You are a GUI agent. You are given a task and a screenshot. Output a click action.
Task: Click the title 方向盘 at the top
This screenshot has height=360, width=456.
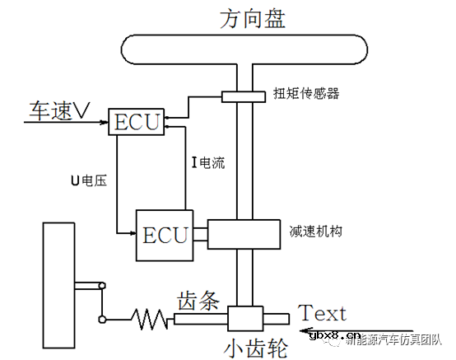tap(253, 17)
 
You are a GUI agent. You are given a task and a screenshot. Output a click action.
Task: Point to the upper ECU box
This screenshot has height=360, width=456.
tap(137, 122)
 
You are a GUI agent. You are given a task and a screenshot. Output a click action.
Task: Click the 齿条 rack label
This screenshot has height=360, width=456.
tap(198, 302)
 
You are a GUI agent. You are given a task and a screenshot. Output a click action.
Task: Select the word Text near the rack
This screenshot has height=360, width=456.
tap(322, 313)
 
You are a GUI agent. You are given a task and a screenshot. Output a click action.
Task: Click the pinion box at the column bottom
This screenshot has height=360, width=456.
tap(244, 318)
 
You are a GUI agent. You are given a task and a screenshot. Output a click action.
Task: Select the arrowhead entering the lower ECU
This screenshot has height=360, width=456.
tap(133, 233)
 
